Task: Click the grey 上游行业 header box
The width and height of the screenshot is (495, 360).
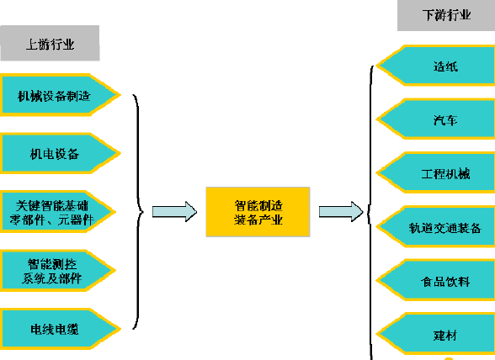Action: click(x=50, y=43)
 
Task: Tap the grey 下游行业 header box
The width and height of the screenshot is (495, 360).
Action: click(x=446, y=15)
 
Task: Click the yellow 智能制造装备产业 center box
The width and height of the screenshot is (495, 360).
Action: click(x=258, y=212)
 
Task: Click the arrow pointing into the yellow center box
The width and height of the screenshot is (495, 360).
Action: click(x=174, y=212)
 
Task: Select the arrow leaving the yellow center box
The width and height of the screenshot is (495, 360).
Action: click(x=341, y=212)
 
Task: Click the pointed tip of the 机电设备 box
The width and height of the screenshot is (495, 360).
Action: click(x=120, y=154)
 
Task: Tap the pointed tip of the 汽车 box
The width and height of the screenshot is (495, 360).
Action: click(x=376, y=119)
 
